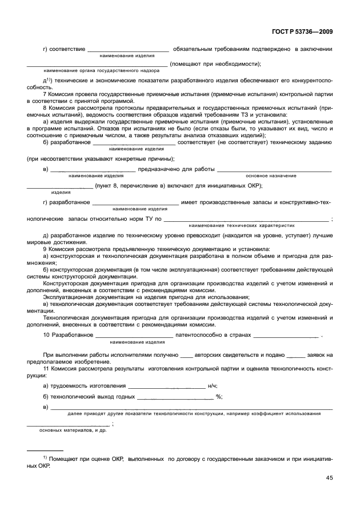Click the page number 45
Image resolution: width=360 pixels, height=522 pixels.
(329, 478)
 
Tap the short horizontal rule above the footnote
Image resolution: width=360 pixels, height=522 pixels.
(46, 451)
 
